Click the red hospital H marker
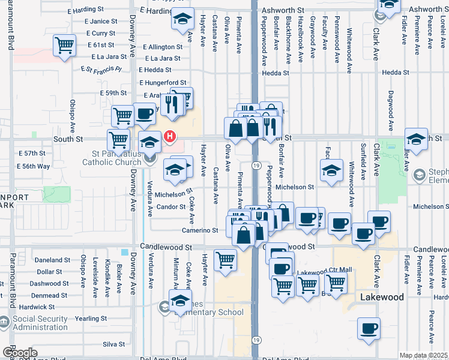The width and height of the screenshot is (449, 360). point(170,137)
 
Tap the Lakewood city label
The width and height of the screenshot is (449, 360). point(381,297)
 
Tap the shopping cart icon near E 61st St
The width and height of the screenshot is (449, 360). point(64,46)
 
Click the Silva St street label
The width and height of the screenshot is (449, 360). point(113,344)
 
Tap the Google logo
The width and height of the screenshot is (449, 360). point(20,353)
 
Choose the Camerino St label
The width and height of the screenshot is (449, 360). point(200,230)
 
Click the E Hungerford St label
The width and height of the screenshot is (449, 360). point(163,83)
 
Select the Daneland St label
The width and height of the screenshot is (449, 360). point(53,260)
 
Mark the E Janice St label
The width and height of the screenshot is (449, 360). point(101,21)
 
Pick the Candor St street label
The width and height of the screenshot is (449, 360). point(171,206)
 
